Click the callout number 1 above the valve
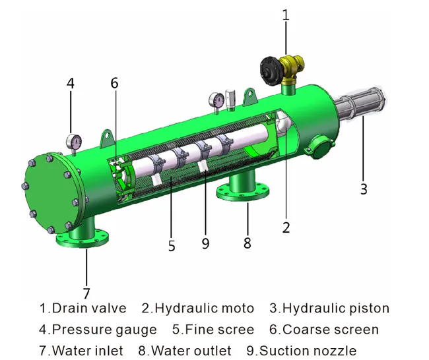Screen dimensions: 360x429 (x=285, y=14)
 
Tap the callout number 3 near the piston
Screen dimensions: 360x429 (x=363, y=189)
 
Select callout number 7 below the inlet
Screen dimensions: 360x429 (x=86, y=293)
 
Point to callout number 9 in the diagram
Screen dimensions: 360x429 (x=205, y=243)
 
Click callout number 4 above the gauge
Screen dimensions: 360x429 (x=71, y=84)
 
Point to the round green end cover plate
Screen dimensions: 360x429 (x=50, y=192)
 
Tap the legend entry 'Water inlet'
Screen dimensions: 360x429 (x=88, y=350)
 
